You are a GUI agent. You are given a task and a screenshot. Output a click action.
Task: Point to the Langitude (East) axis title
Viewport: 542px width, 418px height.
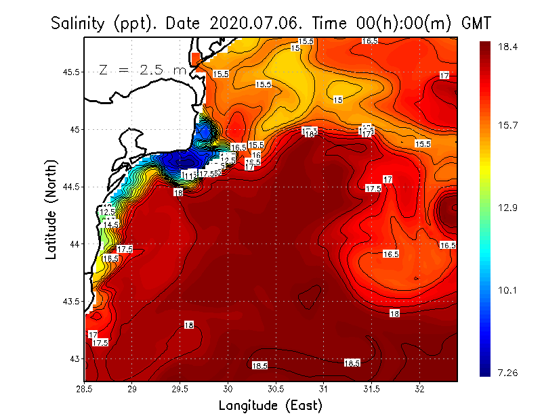click(x=270, y=405)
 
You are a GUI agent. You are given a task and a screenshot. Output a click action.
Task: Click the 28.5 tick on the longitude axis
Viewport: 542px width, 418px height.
click(x=85, y=389)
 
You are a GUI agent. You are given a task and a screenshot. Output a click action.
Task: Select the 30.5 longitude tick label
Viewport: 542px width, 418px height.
click(x=276, y=389)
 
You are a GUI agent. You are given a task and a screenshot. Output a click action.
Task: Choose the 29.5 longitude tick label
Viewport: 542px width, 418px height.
click(x=180, y=389)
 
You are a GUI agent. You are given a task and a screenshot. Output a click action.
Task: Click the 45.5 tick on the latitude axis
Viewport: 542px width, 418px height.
click(x=71, y=72)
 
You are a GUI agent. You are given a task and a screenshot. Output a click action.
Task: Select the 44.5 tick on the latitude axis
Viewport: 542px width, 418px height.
click(x=71, y=187)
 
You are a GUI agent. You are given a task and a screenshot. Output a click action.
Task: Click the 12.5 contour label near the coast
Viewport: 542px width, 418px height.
click(x=108, y=212)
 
